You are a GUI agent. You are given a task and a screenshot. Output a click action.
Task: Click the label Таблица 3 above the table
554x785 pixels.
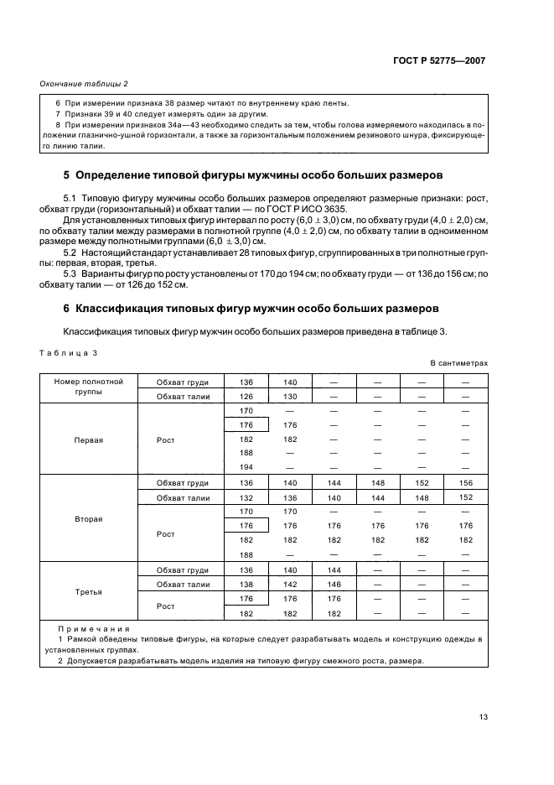pyautogui.click(x=69, y=352)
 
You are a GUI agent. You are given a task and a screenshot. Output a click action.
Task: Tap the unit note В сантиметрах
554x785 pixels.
pyautogui.click(x=458, y=363)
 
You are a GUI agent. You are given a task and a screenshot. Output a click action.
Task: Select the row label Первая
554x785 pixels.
pyautogui.click(x=89, y=439)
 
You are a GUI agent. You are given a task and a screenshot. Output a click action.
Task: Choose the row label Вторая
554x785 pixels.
pyautogui.click(x=89, y=519)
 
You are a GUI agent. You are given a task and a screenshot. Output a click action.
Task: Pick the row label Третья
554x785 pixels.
pyautogui.click(x=89, y=591)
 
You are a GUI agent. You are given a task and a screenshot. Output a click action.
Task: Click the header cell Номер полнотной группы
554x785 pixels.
pyautogui.click(x=89, y=387)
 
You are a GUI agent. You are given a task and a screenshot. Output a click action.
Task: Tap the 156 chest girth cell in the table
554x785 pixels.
pyautogui.click(x=466, y=483)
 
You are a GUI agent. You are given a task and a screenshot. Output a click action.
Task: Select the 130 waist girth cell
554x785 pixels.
pyautogui.click(x=290, y=396)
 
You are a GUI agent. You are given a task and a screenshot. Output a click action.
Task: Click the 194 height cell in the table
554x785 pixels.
pyautogui.click(x=246, y=466)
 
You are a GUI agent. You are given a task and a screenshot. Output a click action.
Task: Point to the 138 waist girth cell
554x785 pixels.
pyautogui.click(x=246, y=584)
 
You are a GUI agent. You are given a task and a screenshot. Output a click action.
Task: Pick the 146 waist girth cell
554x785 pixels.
pyautogui.click(x=334, y=584)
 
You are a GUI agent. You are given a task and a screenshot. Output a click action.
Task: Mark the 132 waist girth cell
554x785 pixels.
pyautogui.click(x=246, y=497)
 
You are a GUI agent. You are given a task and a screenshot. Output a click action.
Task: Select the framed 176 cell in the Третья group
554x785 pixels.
pyautogui.click(x=246, y=599)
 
